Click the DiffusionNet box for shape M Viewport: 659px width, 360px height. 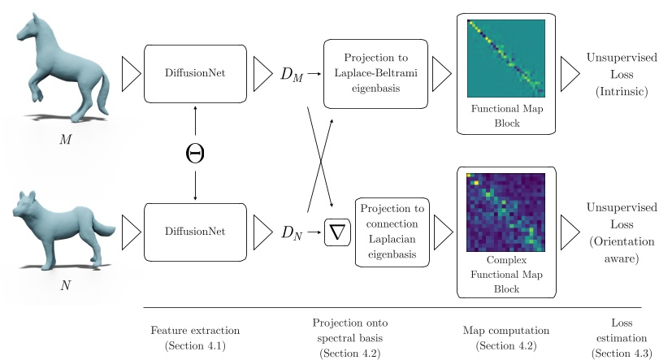point(195,73)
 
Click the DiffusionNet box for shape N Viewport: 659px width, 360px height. point(195,232)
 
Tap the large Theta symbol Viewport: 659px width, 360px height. point(195,152)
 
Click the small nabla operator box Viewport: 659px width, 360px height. point(337,233)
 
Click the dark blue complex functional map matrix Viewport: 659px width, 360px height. point(506,212)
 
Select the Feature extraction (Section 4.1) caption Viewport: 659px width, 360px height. point(194,338)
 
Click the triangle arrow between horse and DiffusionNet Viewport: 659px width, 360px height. point(131,74)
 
